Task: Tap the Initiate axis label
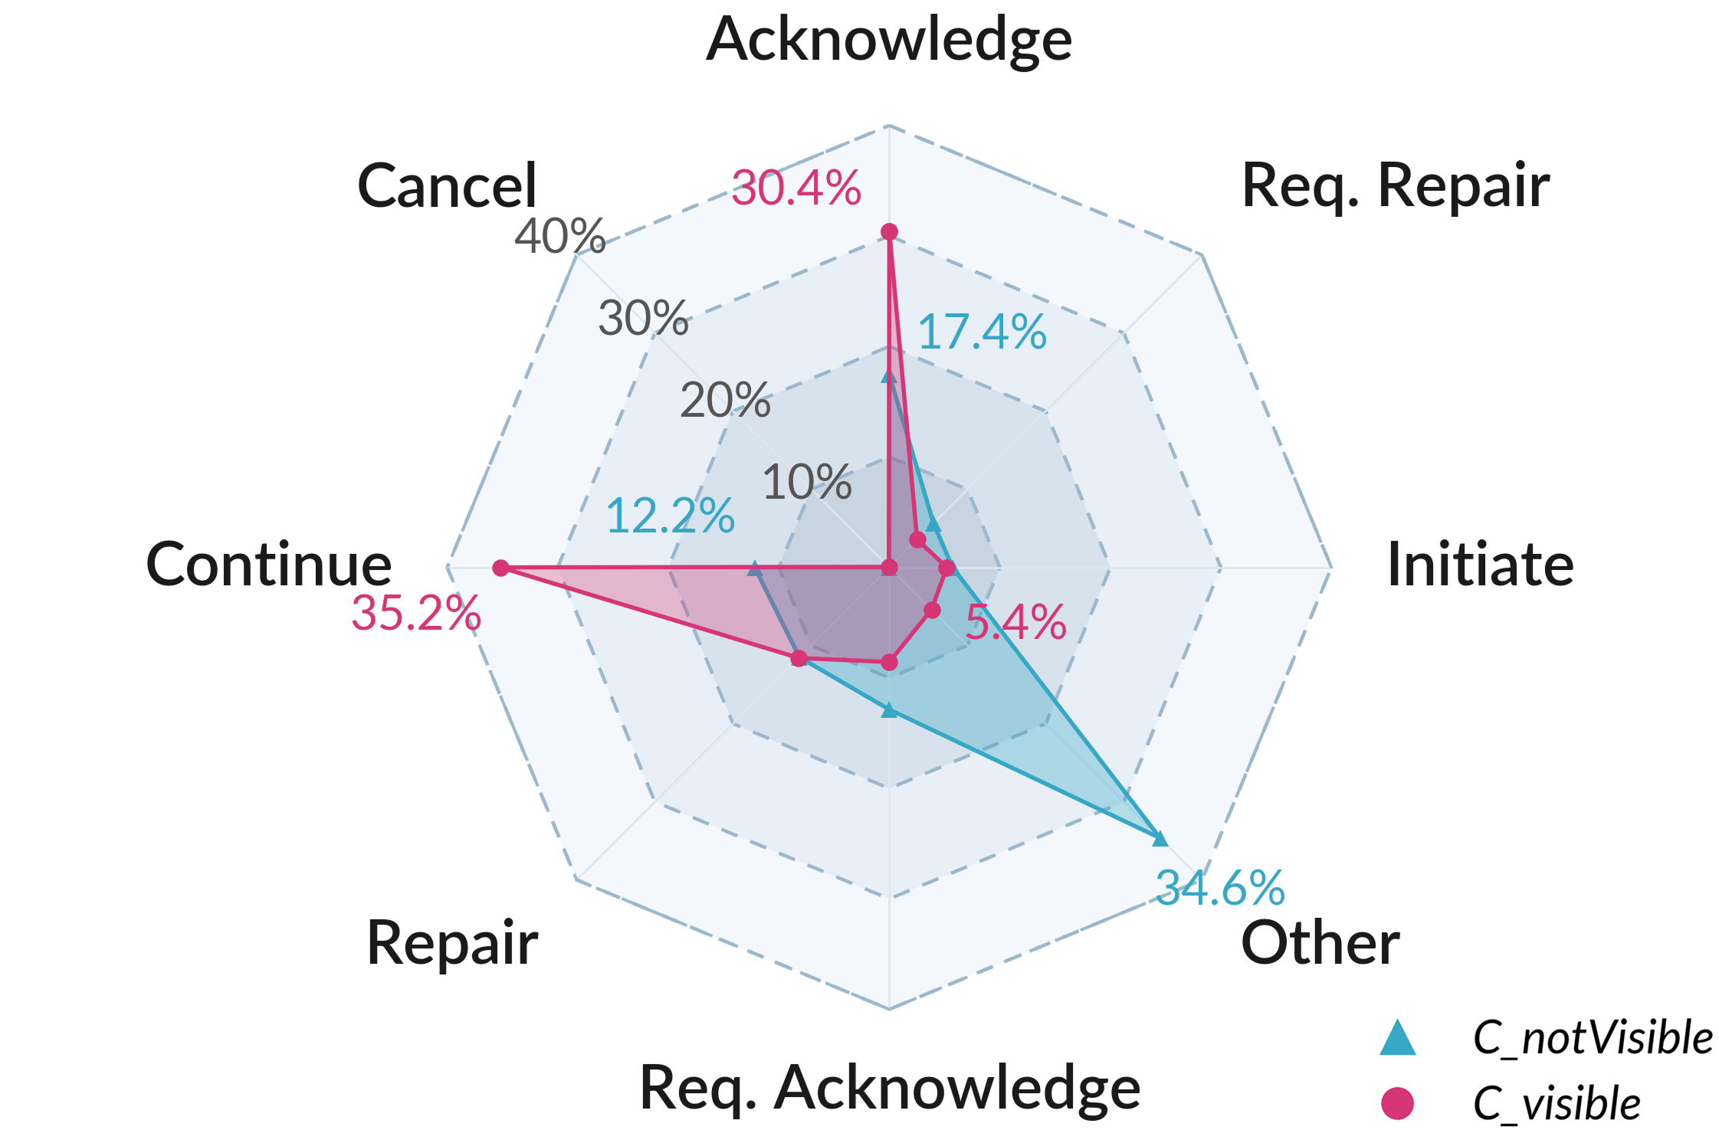point(1481,565)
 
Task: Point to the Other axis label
point(1320,942)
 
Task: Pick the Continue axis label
point(269,565)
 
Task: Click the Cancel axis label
point(448,186)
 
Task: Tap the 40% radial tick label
point(560,236)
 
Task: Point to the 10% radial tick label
point(807,483)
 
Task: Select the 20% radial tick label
point(725,400)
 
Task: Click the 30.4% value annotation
point(796,188)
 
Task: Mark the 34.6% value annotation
point(1220,888)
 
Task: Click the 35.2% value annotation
point(416,614)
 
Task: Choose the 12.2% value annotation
point(671,516)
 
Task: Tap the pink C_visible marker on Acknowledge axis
point(889,232)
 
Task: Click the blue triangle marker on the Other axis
point(1160,838)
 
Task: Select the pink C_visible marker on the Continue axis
point(500,568)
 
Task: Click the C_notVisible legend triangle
point(1397,1039)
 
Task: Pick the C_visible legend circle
point(1397,1103)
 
